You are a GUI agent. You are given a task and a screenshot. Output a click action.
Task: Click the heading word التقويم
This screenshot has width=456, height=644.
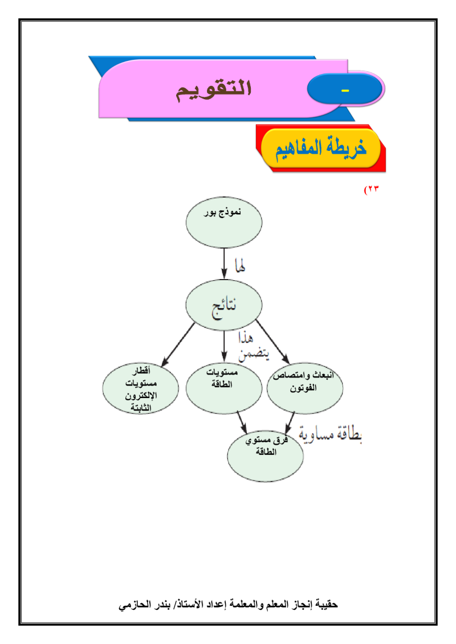213,92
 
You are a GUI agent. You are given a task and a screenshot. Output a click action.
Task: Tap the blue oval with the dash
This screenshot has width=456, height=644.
344,91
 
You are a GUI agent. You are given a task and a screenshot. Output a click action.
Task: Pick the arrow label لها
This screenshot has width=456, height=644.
239,265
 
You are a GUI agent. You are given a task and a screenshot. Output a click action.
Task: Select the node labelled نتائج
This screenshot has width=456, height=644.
224,307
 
